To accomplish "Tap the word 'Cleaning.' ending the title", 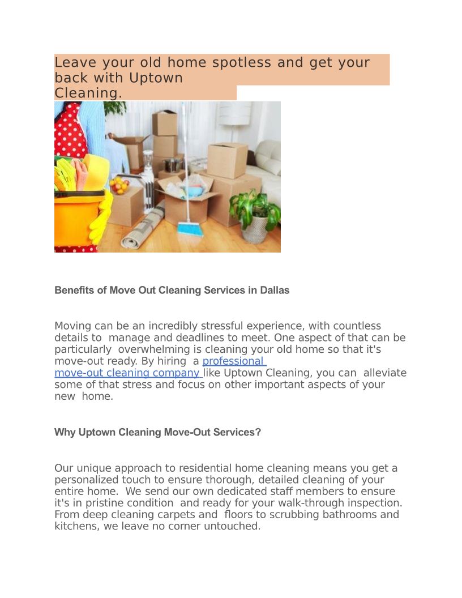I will [x=88, y=93].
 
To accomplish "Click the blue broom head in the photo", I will [x=187, y=229].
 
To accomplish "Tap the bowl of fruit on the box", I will [x=120, y=185].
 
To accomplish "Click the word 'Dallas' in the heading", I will [x=275, y=291].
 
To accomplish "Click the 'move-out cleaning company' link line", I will [x=127, y=373].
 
